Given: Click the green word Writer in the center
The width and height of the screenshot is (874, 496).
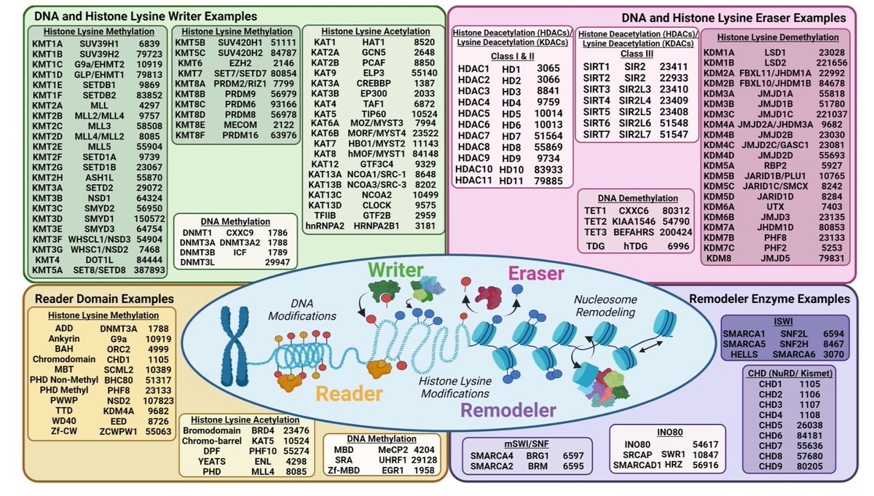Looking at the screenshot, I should coord(395,271).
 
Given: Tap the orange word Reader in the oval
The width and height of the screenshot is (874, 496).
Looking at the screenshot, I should coord(348,394).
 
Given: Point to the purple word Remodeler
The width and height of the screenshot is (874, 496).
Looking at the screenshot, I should coord(508,410).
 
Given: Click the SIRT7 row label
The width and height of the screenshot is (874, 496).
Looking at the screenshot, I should coord(597,135).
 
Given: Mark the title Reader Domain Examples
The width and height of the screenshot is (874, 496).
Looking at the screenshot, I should coord(106,299).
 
